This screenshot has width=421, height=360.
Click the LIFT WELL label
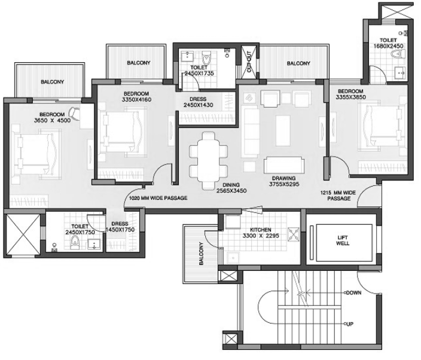click(343, 240)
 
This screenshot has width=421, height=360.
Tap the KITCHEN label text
click(261, 230)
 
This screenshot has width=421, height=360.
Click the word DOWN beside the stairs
click(354, 292)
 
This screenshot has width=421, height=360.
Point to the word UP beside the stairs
click(350, 324)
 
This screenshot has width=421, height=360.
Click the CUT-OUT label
click(249, 61)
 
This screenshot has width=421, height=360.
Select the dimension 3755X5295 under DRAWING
click(284, 184)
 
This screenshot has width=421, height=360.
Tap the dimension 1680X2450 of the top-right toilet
click(388, 46)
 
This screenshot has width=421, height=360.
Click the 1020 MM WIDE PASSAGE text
click(158, 198)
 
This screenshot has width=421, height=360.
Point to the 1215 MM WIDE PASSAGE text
click(338, 196)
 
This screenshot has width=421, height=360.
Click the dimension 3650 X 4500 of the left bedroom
click(53, 120)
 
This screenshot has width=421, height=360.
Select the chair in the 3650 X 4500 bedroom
click(75, 114)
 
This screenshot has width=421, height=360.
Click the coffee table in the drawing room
click(283, 130)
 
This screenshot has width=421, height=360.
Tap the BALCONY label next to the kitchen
click(202, 254)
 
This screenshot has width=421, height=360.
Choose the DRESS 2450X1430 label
click(198, 102)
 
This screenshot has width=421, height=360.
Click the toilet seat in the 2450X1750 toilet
click(75, 242)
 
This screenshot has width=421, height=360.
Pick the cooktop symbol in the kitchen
click(294, 234)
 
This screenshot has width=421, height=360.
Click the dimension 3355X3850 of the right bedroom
click(350, 97)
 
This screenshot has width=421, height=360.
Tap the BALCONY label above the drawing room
click(298, 63)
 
